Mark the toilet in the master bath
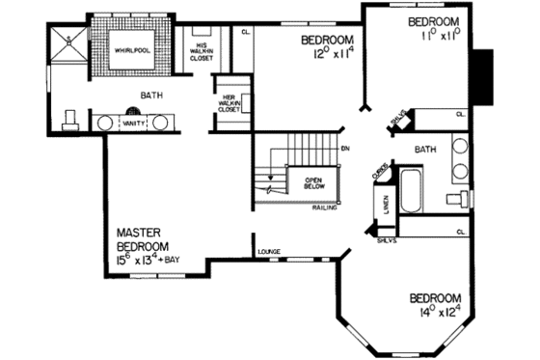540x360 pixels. coord(68,120)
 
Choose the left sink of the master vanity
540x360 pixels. coord(102,123)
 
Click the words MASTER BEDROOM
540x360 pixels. coord(146,240)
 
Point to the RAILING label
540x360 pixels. coord(323,207)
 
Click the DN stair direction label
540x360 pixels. coord(345,149)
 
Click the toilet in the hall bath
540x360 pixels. coord(454,198)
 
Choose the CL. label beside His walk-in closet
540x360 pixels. coord(246,32)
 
